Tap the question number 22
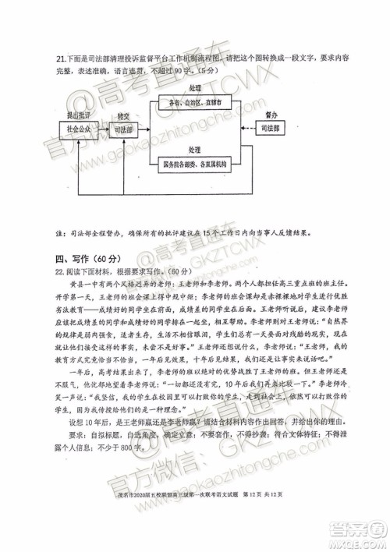tap(59, 272)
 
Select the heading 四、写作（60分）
tap(85, 258)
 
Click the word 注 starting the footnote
tap(58, 232)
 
